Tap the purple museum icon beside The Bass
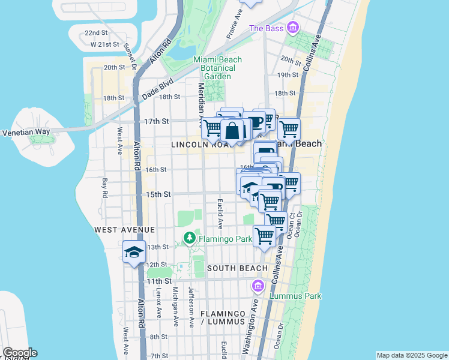click(292, 28)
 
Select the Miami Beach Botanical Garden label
click(217, 68)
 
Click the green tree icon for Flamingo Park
click(190, 239)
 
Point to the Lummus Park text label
click(295, 296)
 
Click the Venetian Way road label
click(25, 133)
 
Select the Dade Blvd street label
click(158, 88)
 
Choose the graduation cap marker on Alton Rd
click(134, 252)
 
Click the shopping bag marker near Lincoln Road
click(232, 130)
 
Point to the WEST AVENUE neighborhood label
click(124, 230)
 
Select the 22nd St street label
click(95, 33)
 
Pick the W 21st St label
click(102, 45)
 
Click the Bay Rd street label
click(104, 187)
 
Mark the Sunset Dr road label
click(130, 55)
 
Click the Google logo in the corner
click(19, 353)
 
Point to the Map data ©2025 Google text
click(412, 355)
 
